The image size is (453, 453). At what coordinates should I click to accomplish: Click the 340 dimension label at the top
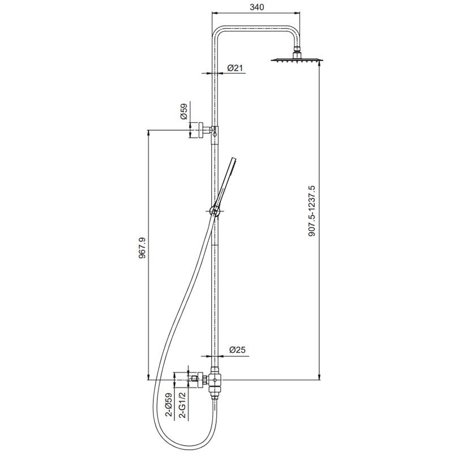[x=257, y=7]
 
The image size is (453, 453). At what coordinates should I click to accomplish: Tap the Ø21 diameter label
[x=235, y=68]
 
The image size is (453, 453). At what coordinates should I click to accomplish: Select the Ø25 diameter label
[x=237, y=350]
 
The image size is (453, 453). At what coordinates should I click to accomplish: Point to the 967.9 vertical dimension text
[x=143, y=247]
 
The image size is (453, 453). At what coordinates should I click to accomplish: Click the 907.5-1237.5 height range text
[x=313, y=211]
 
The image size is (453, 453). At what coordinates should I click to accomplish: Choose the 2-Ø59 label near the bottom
[x=168, y=405]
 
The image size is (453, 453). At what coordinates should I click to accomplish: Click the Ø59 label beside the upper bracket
[x=183, y=112]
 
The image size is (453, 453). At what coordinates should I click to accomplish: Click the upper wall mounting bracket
[x=202, y=131]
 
